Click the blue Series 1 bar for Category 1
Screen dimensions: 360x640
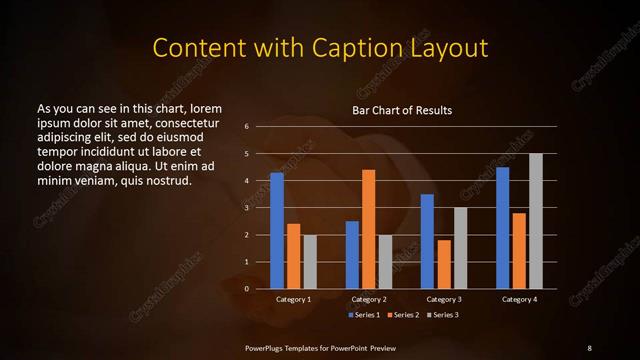click(x=277, y=230)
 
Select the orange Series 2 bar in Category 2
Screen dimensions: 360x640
click(x=368, y=229)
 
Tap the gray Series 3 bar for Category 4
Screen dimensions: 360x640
click(x=535, y=221)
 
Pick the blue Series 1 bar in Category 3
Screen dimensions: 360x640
click(x=427, y=241)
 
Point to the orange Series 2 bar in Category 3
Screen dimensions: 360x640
click(x=443, y=264)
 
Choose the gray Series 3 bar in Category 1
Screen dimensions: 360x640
click(x=310, y=262)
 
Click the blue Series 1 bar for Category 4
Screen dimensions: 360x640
click(x=502, y=227)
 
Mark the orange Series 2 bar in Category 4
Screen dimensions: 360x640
click(x=519, y=250)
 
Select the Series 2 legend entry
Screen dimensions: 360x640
click(x=401, y=315)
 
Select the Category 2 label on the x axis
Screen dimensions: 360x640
click(x=369, y=299)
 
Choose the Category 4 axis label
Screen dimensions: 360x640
click(x=519, y=299)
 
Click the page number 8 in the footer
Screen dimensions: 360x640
click(x=589, y=347)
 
